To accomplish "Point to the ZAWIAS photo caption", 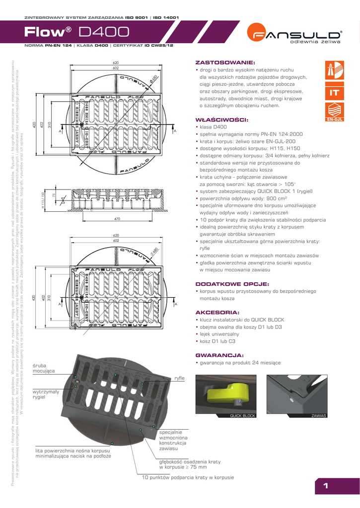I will point(318,415).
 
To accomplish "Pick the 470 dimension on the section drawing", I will point(117,218).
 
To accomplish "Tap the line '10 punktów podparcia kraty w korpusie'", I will point(188,477).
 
